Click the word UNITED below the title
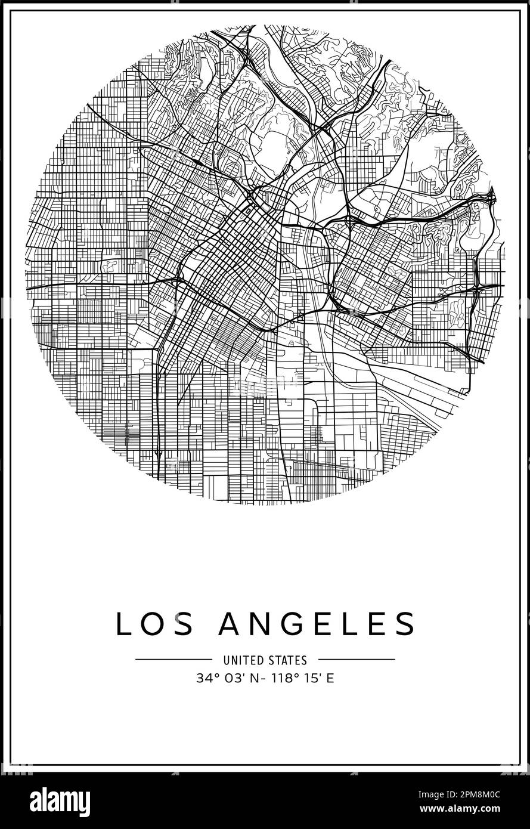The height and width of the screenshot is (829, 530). point(241,660)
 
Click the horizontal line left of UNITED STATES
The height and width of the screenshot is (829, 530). point(173,660)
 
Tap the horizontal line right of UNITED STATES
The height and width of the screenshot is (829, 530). point(356,660)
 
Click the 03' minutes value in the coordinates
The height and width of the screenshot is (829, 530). point(229,678)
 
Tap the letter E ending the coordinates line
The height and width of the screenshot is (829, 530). point(330,678)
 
